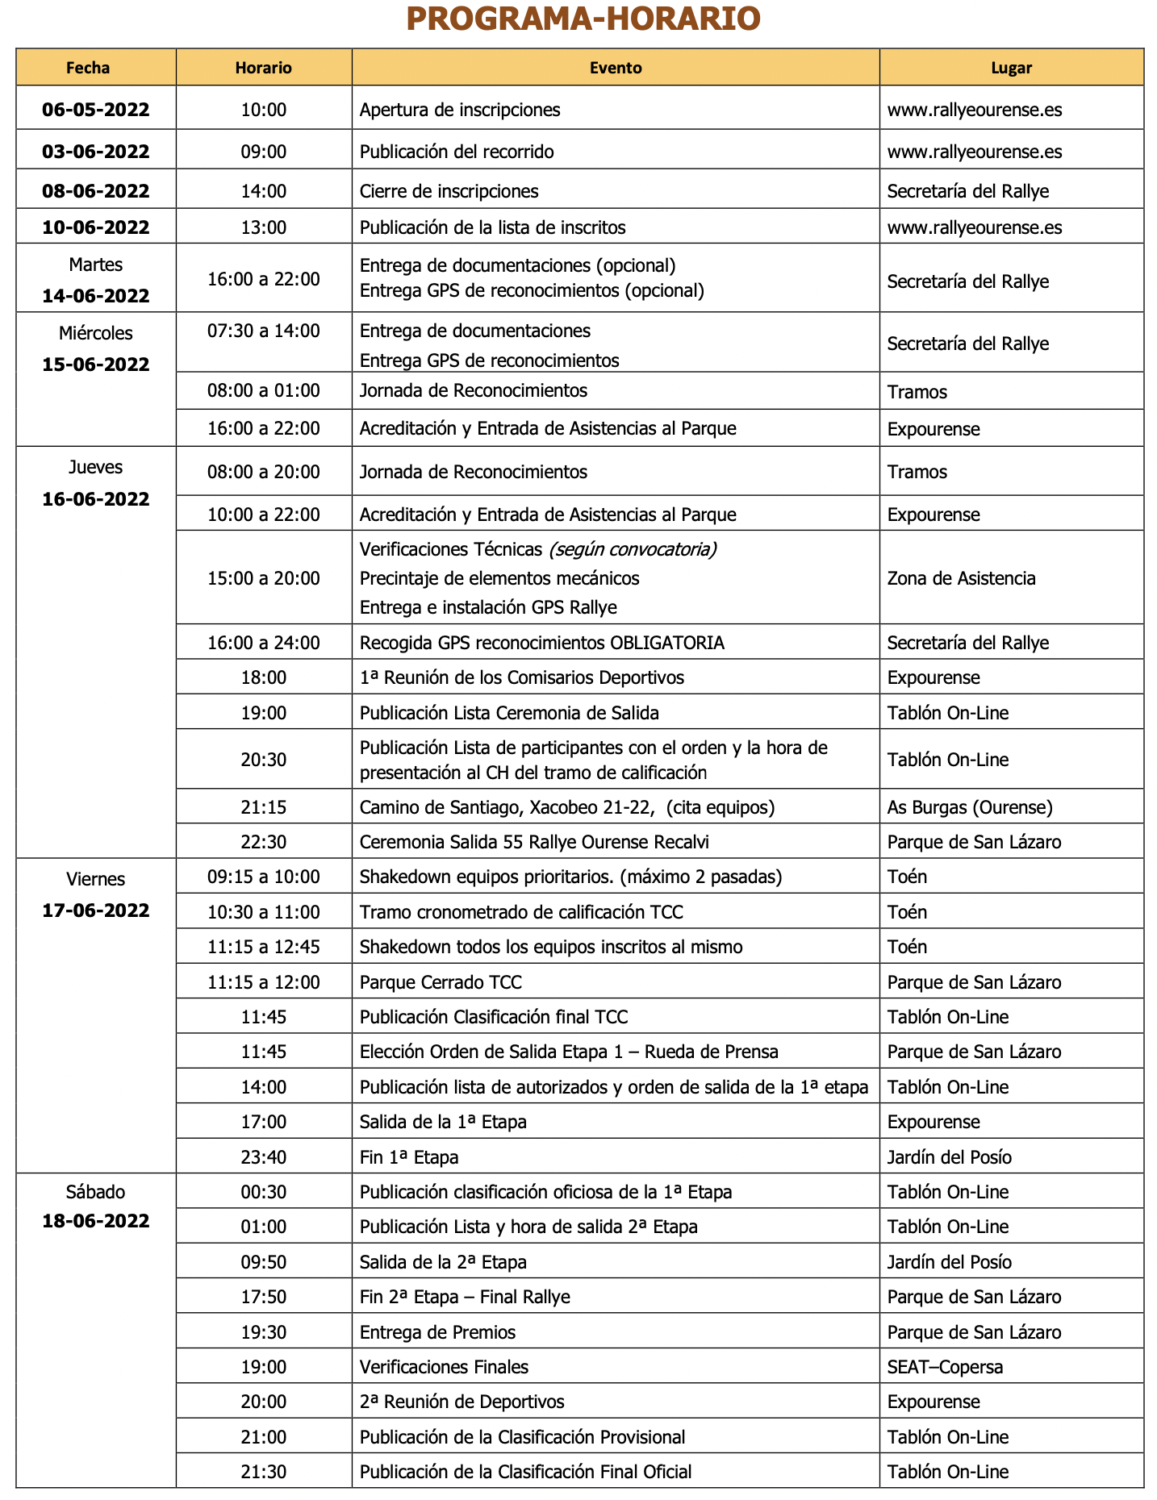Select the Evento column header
pyautogui.click(x=616, y=68)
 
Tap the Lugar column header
pyautogui.click(x=1011, y=68)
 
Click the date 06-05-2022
pyautogui.click(x=96, y=110)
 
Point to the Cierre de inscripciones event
pyautogui.click(x=449, y=191)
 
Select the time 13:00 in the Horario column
pyautogui.click(x=263, y=227)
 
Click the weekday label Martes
pyautogui.click(x=96, y=265)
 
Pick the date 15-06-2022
pyautogui.click(x=96, y=365)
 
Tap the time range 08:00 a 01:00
pyautogui.click(x=263, y=391)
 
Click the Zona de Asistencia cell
pyautogui.click(x=961, y=578)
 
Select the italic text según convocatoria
pyautogui.click(x=633, y=550)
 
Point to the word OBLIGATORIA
pyautogui.click(x=667, y=643)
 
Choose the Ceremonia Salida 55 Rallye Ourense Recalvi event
pyautogui.click(x=534, y=842)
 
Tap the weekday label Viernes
pyautogui.click(x=96, y=879)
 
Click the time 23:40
pyautogui.click(x=263, y=1157)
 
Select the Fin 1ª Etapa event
pyautogui.click(x=409, y=1157)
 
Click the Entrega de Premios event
pyautogui.click(x=437, y=1332)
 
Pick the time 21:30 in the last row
pyautogui.click(x=263, y=1472)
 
